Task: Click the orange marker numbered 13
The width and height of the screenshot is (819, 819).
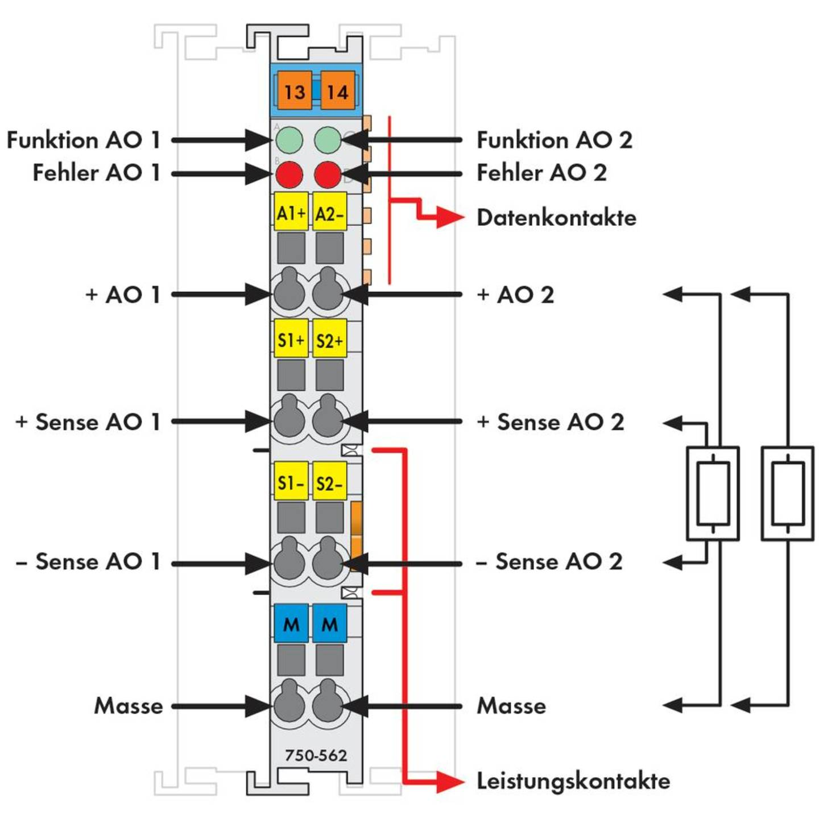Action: (x=294, y=91)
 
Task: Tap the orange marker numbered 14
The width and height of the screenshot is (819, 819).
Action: (x=337, y=91)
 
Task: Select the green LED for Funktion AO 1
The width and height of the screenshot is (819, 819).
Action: (x=289, y=140)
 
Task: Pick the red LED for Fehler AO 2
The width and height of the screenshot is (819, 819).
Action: (x=328, y=174)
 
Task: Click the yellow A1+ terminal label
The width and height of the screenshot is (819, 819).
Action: (x=291, y=213)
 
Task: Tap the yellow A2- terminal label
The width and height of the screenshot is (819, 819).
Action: (x=329, y=213)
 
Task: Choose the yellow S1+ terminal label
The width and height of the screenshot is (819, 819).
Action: (x=291, y=340)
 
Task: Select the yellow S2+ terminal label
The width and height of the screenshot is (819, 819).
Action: (x=329, y=340)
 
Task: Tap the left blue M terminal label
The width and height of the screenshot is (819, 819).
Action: (x=291, y=624)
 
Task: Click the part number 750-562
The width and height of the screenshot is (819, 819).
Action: (x=316, y=755)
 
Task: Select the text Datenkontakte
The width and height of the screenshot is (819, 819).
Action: (x=556, y=217)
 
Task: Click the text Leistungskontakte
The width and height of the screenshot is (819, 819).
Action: (x=573, y=781)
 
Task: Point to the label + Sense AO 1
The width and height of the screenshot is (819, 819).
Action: (x=88, y=422)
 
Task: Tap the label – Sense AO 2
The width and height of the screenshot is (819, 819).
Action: (x=549, y=561)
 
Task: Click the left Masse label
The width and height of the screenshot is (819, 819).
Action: (x=129, y=706)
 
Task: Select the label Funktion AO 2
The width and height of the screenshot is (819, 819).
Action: (x=554, y=140)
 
